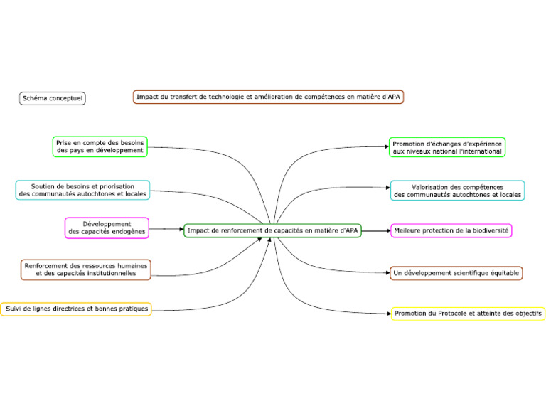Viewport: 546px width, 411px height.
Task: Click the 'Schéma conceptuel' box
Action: pyautogui.click(x=53, y=98)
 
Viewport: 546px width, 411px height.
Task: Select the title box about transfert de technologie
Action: pyautogui.click(x=268, y=96)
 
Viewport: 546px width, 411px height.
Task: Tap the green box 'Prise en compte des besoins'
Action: pyautogui.click(x=100, y=146)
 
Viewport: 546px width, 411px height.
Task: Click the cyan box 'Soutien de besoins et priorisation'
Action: pyautogui.click(x=83, y=190)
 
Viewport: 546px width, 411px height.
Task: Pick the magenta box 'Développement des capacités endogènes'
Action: pyautogui.click(x=107, y=228)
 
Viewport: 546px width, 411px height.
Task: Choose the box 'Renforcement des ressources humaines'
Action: pyautogui.click(x=85, y=269)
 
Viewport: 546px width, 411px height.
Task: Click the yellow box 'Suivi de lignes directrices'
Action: pyautogui.click(x=75, y=309)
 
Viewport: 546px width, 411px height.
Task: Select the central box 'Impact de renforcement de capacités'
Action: pyautogui.click(x=273, y=230)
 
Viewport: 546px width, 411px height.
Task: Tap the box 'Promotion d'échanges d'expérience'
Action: pyautogui.click(x=447, y=147)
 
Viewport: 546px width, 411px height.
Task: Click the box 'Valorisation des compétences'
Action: pyautogui.click(x=457, y=190)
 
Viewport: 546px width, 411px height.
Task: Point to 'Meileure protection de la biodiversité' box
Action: pyautogui.click(x=451, y=230)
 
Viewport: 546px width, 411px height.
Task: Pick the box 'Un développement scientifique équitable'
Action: pyautogui.click(x=456, y=273)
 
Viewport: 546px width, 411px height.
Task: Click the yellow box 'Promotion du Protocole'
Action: pyautogui.click(x=468, y=314)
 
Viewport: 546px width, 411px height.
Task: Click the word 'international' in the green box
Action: pyautogui.click(x=481, y=151)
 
